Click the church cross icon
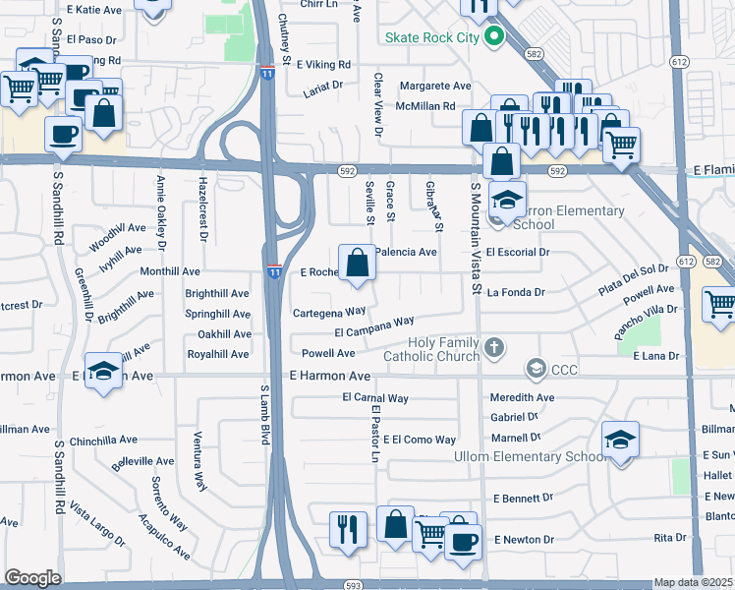(494, 348)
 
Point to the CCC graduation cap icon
(536, 370)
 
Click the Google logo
(32, 577)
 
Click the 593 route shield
(352, 583)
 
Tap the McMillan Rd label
(425, 106)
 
